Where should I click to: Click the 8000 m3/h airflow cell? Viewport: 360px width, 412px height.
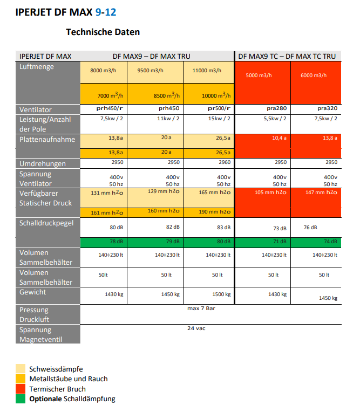coord(103,72)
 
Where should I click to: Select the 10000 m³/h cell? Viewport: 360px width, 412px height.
coord(208,94)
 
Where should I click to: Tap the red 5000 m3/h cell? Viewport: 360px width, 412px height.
coord(263,83)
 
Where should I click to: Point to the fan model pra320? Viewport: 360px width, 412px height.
coord(328,108)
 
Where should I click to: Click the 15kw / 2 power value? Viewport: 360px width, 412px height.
coord(219,119)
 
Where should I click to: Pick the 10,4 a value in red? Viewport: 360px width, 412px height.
coord(279,138)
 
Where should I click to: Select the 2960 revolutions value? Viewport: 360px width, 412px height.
coord(225,162)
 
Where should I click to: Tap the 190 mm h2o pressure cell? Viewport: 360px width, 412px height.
coord(208,212)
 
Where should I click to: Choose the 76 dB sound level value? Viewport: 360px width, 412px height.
coord(310,227)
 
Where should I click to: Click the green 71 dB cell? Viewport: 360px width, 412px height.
coord(263,243)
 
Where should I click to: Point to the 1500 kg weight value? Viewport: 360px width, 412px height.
coord(221,294)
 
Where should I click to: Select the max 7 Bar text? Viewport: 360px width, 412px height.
coord(201,308)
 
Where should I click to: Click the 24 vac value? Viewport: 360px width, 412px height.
coord(196,328)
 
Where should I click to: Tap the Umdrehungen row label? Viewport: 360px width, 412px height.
coord(43,164)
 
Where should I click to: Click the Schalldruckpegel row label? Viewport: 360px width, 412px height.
coord(46,223)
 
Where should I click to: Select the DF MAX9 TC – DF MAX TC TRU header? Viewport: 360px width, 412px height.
coord(287,56)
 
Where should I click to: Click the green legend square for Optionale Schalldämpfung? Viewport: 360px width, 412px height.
coord(21,399)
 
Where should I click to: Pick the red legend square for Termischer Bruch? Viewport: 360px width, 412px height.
coord(21,389)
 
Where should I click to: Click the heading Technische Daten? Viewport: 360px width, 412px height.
coord(103,32)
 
